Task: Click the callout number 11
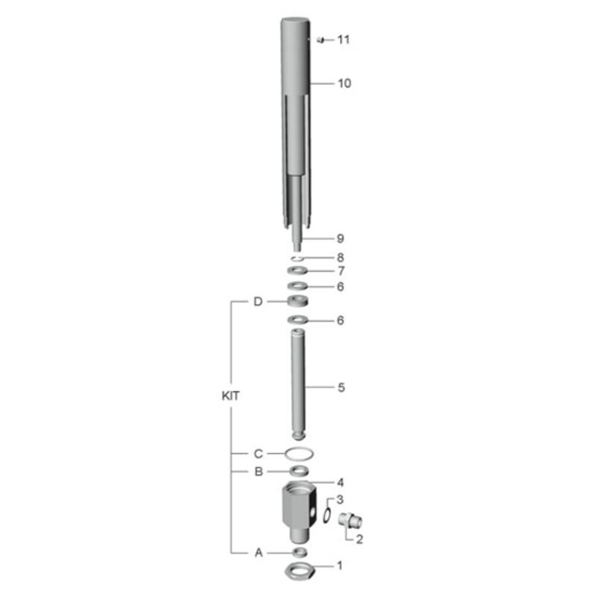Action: tap(343, 39)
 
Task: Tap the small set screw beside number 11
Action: tap(321, 39)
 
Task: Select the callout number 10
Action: tap(344, 83)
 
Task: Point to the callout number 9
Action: tap(340, 238)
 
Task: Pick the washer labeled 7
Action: tap(297, 271)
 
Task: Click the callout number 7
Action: tap(341, 271)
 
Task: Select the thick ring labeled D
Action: tap(297, 301)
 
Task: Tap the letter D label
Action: tap(258, 302)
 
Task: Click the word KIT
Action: tap(231, 396)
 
